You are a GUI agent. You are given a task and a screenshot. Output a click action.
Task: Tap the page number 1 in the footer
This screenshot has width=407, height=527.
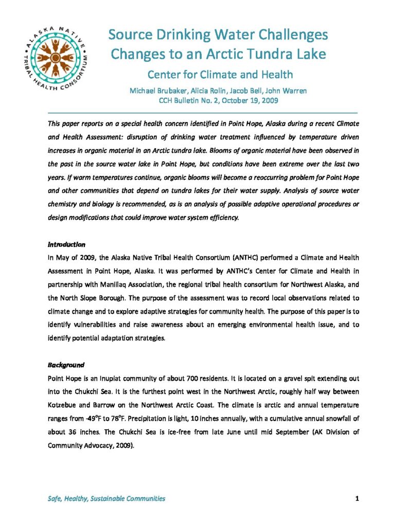click(x=356, y=498)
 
